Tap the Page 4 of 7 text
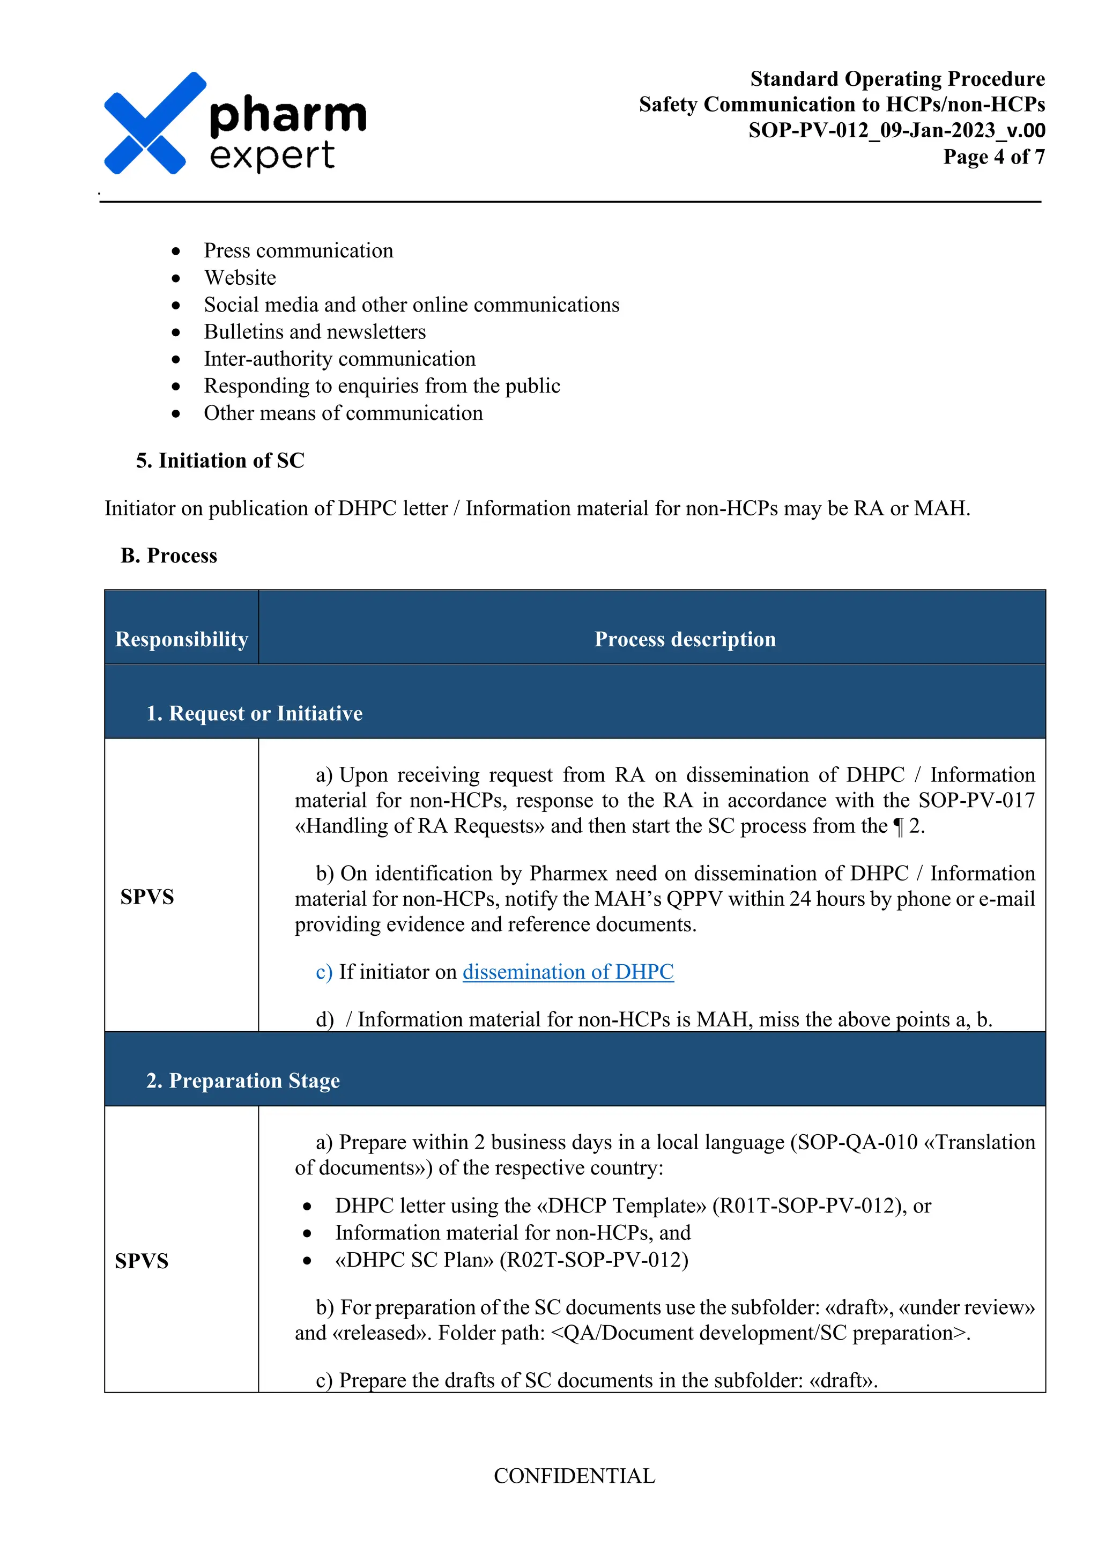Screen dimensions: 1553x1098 [993, 157]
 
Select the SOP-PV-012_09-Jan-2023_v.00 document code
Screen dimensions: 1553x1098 [896, 130]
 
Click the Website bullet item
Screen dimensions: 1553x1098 [240, 278]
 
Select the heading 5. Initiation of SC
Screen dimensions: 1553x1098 [220, 461]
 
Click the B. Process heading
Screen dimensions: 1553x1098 [168, 556]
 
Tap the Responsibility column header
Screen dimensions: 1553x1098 [181, 639]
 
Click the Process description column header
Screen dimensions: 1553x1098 [684, 639]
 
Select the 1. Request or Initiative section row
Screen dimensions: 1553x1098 [254, 714]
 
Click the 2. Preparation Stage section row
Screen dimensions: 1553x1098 [243, 1081]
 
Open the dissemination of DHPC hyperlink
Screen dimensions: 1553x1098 [568, 972]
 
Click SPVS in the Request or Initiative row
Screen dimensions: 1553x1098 [147, 897]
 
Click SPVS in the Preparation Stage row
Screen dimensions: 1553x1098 [142, 1261]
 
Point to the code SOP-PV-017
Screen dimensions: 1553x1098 [976, 801]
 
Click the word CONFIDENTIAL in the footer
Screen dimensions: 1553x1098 [574, 1476]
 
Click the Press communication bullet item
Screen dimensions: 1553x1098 [298, 251]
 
